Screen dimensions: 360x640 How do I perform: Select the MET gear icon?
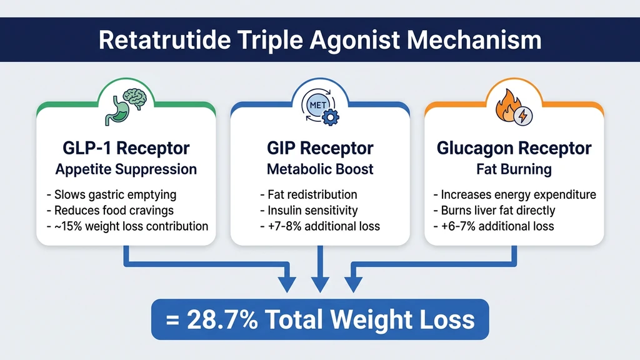coord(319,106)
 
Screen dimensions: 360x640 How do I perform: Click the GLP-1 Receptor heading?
coord(126,149)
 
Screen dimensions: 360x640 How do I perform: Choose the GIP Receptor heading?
coord(319,149)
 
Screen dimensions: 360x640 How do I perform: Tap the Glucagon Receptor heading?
coord(514,149)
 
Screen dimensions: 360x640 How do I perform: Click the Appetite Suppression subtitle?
coord(126,169)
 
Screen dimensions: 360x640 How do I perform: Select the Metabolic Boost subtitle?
coord(319,169)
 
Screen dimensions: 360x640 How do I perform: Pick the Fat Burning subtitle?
coord(514,169)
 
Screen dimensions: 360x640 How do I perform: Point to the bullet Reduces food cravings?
coord(109,210)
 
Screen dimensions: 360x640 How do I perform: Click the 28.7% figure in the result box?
coord(221,319)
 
